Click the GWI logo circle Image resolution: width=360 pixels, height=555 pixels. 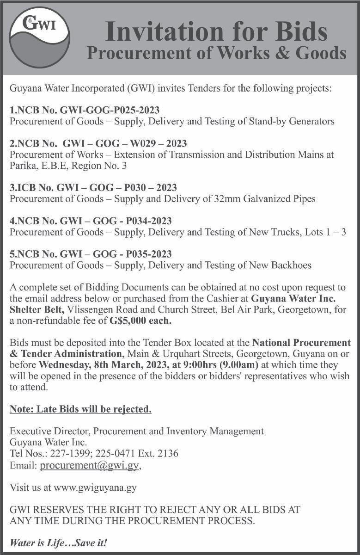tap(39, 38)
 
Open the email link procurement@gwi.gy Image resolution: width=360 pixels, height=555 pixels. tap(90, 466)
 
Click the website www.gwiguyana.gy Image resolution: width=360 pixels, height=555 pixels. tap(96, 487)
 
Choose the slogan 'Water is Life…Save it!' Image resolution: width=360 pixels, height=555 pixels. tap(58, 543)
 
